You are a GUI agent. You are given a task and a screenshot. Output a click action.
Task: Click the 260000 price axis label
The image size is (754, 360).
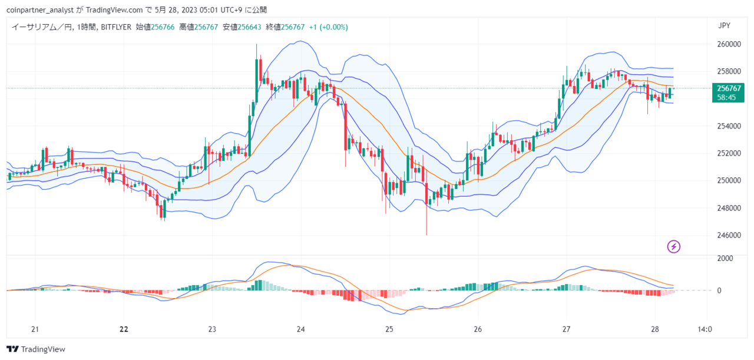pos(729,44)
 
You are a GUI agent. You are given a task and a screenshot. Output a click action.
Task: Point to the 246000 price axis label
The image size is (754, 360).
pos(729,235)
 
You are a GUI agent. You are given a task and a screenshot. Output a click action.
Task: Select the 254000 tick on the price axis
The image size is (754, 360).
pos(729,126)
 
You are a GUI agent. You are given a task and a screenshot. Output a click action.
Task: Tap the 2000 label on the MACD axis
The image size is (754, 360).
pos(725,258)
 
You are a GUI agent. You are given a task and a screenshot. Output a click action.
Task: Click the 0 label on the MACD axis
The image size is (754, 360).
pos(719,290)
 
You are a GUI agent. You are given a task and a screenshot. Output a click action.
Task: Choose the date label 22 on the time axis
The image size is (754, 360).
pos(124,329)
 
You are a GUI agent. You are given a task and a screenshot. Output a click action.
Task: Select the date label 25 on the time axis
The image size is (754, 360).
pos(389,329)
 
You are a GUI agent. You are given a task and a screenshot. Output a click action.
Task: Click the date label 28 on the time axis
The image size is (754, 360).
pos(654,329)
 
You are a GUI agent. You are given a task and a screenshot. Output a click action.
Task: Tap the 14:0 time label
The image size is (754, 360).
pos(704,329)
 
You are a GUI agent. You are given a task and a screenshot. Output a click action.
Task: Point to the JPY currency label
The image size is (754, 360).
pos(724,25)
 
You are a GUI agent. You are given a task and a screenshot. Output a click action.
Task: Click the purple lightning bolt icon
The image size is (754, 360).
pos(673,246)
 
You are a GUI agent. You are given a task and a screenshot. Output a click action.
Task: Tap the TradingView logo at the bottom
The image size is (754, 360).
pos(36,349)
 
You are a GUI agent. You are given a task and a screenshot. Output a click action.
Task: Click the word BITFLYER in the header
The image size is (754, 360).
pos(116,27)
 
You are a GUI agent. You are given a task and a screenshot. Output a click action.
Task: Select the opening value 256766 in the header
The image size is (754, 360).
pos(163,27)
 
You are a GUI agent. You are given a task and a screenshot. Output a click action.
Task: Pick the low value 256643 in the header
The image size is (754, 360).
pos(249,27)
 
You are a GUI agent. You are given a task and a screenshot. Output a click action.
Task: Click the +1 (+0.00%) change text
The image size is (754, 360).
pos(329,27)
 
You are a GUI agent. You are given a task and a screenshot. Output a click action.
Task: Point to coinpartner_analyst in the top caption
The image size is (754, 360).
pos(40,10)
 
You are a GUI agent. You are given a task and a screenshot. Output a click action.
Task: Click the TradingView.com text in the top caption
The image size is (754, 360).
pos(114,10)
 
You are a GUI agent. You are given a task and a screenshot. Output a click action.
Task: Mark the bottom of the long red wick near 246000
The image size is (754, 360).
pos(426,235)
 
